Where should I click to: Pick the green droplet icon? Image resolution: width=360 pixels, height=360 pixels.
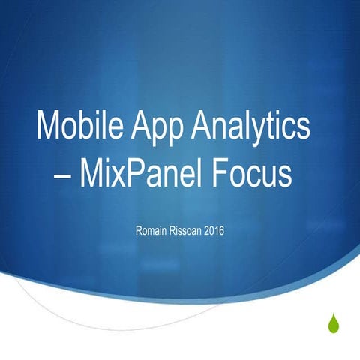point(333,323)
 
